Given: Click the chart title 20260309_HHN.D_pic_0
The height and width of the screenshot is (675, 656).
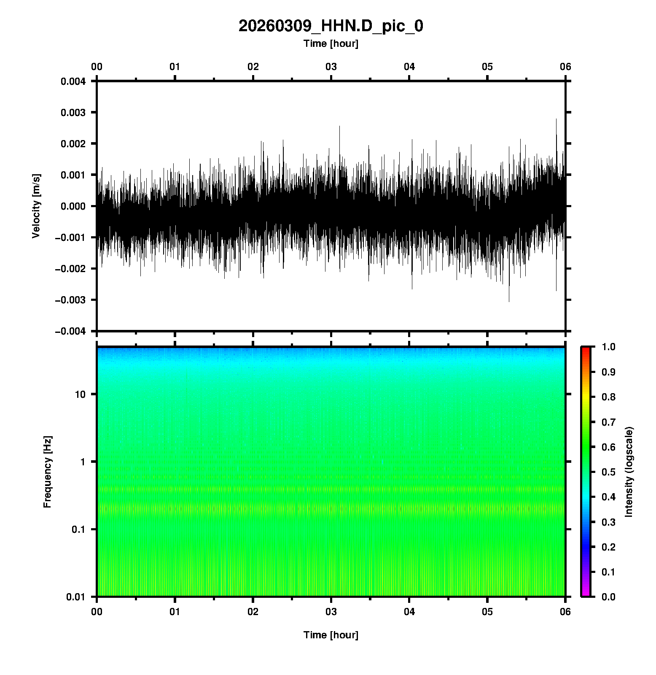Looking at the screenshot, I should tap(331, 26).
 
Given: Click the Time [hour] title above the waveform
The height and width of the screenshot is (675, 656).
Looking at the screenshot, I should tap(331, 43).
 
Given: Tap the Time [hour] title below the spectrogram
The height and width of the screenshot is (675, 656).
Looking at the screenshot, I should tap(331, 635).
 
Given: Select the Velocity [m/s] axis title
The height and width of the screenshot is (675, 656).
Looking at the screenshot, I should tap(37, 206).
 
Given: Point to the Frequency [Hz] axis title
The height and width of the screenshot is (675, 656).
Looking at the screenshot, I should tap(48, 472).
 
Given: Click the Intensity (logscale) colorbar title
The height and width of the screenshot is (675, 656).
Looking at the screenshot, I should tap(629, 472).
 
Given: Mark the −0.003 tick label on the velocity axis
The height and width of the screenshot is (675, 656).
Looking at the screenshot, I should tap(70, 300).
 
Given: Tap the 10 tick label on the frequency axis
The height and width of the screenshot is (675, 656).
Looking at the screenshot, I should tap(80, 394).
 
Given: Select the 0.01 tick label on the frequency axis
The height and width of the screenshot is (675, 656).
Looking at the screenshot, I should tap(76, 597).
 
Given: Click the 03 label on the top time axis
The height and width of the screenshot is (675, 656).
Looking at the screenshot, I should tap(331, 67).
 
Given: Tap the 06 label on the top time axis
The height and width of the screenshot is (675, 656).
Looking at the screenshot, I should tap(565, 67).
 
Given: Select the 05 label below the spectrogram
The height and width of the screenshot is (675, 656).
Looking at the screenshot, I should tap(487, 612).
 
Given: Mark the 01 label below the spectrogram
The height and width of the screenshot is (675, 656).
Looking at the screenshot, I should tap(175, 612).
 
